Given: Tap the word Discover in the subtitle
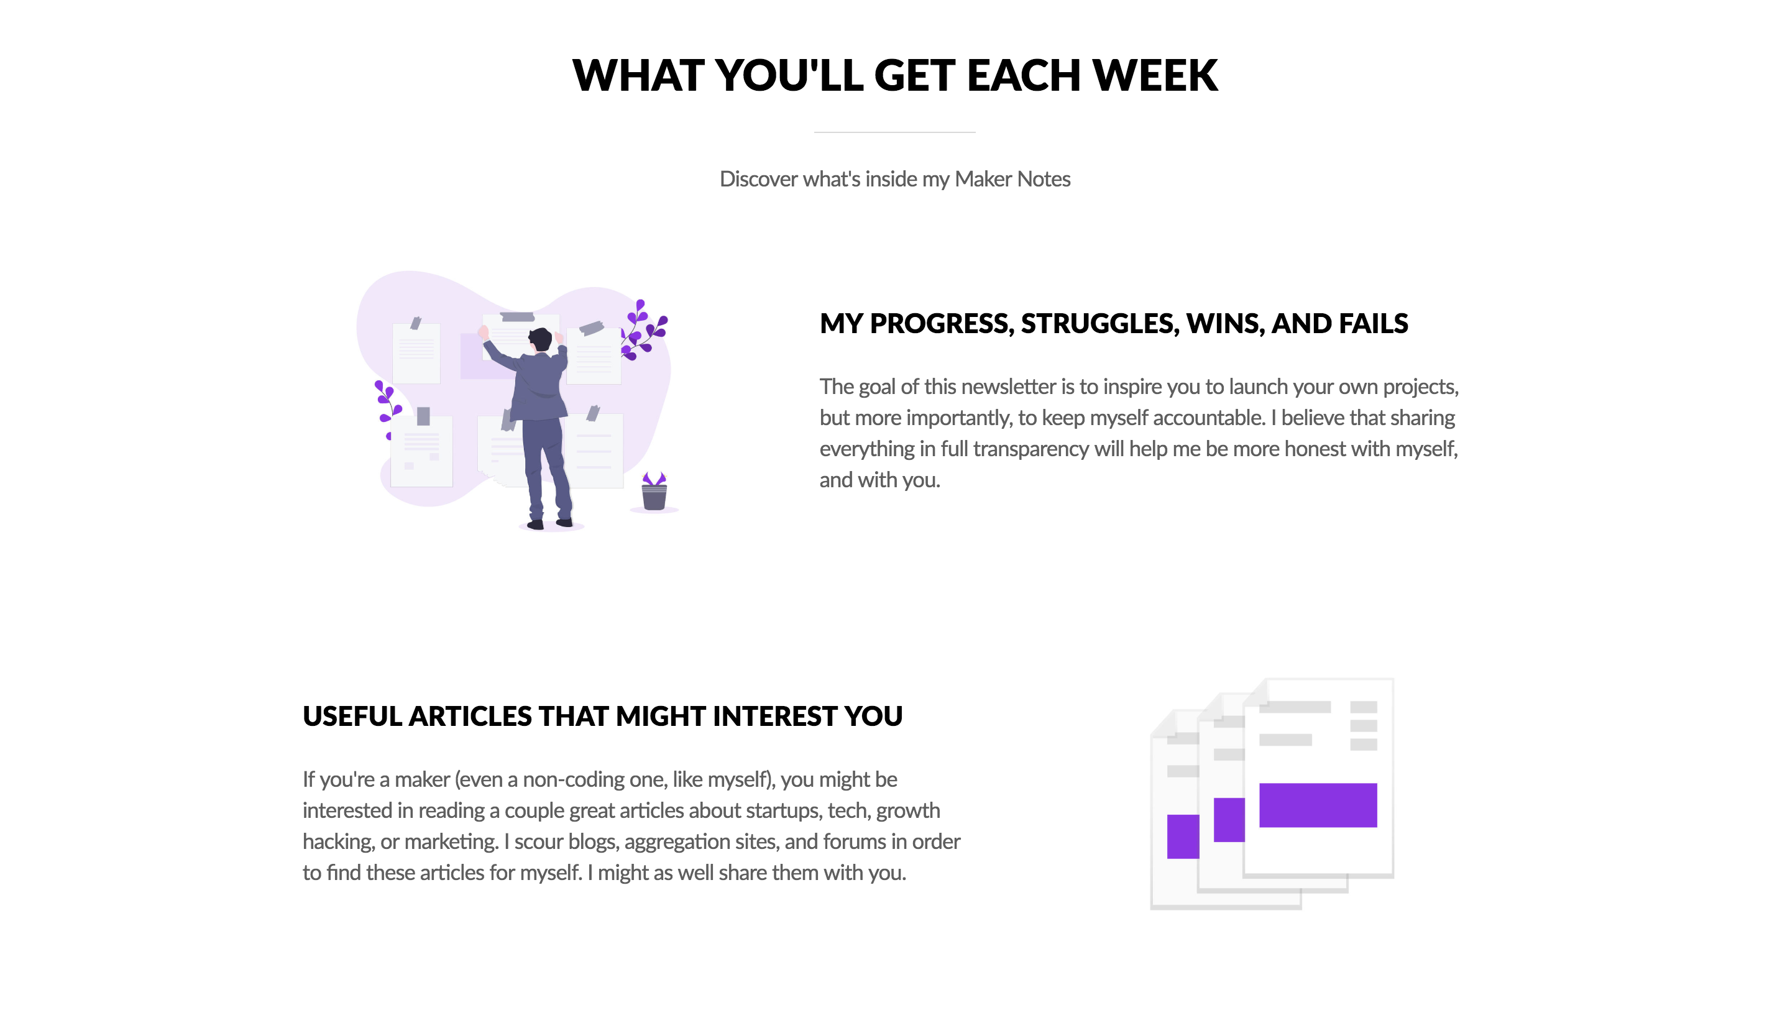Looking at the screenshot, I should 758,179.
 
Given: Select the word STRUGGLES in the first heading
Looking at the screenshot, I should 1099,324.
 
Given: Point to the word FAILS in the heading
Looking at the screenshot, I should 1374,324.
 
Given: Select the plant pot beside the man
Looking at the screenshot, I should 654,496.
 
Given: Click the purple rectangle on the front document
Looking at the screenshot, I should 1318,805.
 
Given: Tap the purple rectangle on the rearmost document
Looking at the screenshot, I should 1182,837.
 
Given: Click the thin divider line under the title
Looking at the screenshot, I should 894,132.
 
